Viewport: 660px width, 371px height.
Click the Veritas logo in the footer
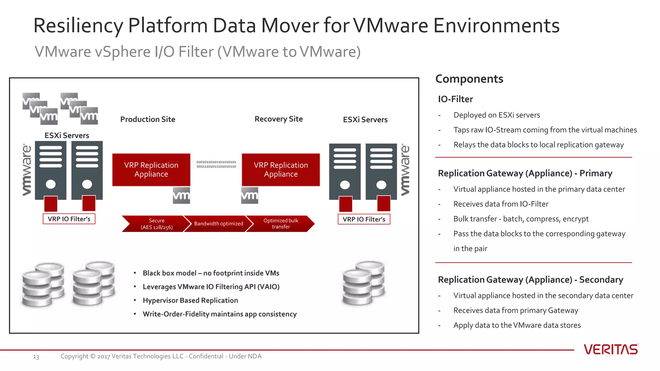(x=611, y=349)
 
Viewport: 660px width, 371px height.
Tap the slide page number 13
(x=36, y=357)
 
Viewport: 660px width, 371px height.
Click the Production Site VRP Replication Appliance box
(x=151, y=170)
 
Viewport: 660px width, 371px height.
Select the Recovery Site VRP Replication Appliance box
(x=281, y=170)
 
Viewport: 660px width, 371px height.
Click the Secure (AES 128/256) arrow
(x=155, y=224)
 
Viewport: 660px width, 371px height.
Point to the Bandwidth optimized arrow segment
(x=218, y=224)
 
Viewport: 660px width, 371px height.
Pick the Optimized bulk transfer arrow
(x=281, y=224)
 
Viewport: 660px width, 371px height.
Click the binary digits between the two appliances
(x=216, y=164)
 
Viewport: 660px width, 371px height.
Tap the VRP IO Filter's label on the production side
(x=69, y=219)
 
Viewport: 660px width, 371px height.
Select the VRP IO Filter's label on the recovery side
(x=364, y=219)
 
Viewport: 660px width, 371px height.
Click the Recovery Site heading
(x=278, y=119)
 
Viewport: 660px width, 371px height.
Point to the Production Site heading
(x=148, y=119)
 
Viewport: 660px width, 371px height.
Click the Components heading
(x=469, y=79)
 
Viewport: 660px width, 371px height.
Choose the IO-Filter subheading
(x=455, y=99)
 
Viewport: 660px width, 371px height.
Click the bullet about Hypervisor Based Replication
(x=190, y=300)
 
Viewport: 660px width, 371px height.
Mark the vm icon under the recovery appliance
(x=249, y=195)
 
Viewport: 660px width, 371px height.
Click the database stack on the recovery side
(x=363, y=283)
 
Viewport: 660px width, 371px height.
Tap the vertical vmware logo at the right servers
(x=405, y=170)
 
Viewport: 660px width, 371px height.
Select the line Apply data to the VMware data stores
(x=517, y=325)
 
